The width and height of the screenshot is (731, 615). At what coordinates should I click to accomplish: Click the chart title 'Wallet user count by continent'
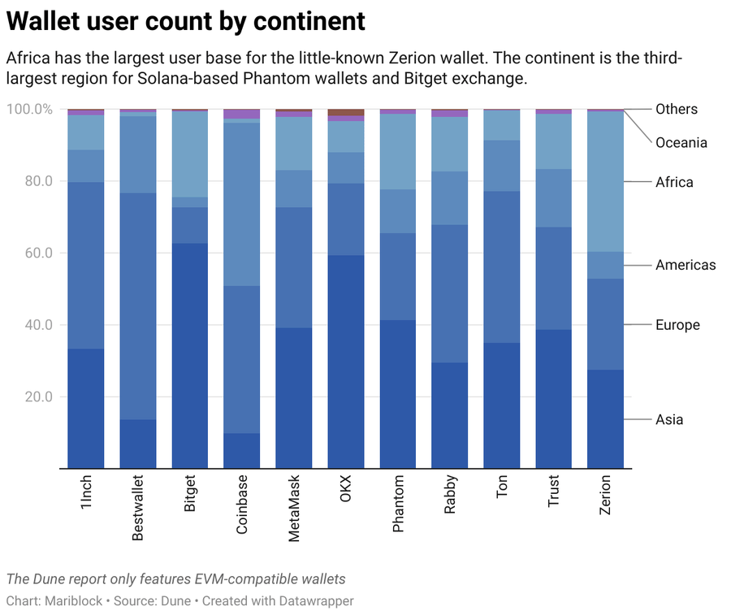tap(186, 21)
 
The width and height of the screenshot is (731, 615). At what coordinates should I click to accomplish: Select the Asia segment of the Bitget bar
tap(190, 355)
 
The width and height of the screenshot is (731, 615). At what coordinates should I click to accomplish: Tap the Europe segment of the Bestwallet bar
tap(138, 305)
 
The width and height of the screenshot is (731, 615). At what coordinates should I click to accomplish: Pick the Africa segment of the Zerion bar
tap(605, 181)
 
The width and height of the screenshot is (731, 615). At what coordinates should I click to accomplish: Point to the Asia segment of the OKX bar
tap(346, 362)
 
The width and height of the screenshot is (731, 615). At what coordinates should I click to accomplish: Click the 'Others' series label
tap(676, 109)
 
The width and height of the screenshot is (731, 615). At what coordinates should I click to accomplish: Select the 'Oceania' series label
tap(681, 143)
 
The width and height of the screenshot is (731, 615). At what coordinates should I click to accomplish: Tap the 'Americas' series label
tap(686, 265)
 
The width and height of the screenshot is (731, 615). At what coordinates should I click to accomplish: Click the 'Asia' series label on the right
tap(669, 419)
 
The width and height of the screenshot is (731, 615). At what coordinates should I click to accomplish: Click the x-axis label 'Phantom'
tap(398, 505)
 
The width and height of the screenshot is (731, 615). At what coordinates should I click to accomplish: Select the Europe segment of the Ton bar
tap(502, 266)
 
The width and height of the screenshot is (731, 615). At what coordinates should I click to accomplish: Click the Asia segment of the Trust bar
tap(553, 398)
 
